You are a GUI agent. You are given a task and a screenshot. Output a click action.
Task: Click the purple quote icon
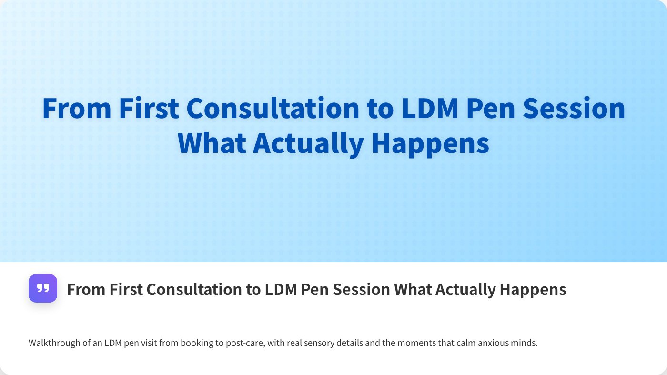43,288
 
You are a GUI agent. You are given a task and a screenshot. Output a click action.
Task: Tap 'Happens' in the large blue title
430,142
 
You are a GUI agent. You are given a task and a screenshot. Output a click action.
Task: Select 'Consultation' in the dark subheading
197,289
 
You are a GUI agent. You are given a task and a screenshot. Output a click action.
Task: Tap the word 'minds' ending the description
526,343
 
